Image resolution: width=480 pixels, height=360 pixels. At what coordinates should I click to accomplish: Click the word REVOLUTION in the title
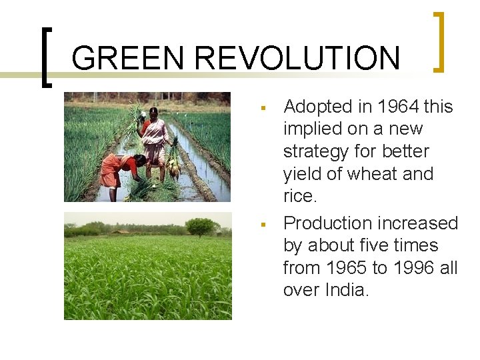point(297,58)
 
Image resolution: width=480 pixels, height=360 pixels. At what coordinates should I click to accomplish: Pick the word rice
point(300,196)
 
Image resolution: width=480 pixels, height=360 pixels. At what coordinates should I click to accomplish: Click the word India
point(345,290)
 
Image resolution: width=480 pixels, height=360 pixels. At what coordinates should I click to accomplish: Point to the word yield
point(304,174)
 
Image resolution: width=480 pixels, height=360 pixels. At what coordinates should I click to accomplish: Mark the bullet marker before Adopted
point(263,107)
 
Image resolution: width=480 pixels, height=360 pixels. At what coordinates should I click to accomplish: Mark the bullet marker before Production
point(263,223)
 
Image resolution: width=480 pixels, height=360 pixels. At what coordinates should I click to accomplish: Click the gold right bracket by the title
point(439,41)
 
